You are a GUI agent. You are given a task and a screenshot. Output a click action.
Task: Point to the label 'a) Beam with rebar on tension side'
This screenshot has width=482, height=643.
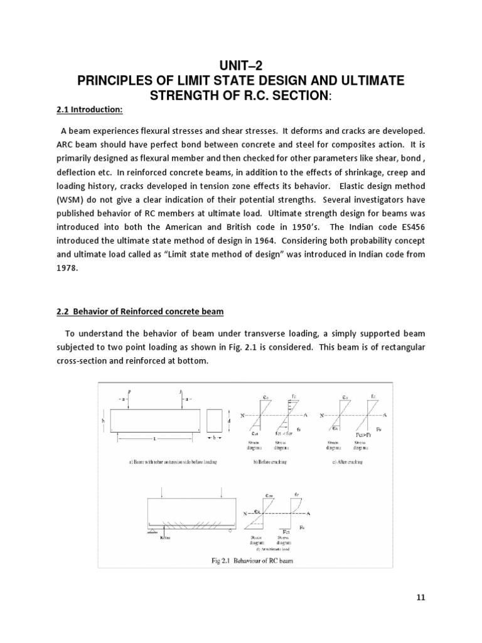tap(171, 462)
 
